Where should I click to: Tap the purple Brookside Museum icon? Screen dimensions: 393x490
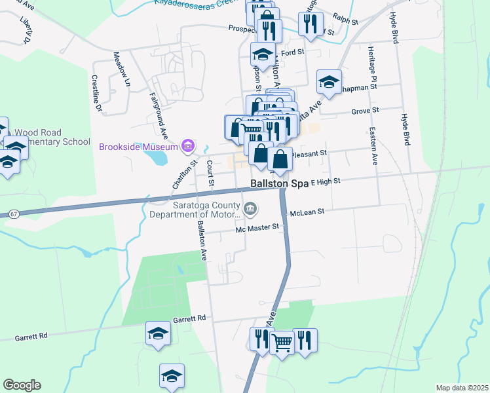coord(188,145)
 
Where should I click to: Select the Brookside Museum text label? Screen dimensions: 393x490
coord(138,146)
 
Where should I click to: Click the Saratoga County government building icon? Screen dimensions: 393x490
coord(250,209)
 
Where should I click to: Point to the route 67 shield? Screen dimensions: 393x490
coord(13,214)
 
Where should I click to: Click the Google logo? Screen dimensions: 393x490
coord(22,385)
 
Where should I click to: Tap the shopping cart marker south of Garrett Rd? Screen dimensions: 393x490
coord(282,341)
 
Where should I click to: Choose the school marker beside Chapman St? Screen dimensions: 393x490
coord(329,82)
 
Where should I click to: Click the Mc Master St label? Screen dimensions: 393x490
coord(257,227)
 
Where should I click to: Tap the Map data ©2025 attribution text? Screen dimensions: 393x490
coord(462,388)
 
